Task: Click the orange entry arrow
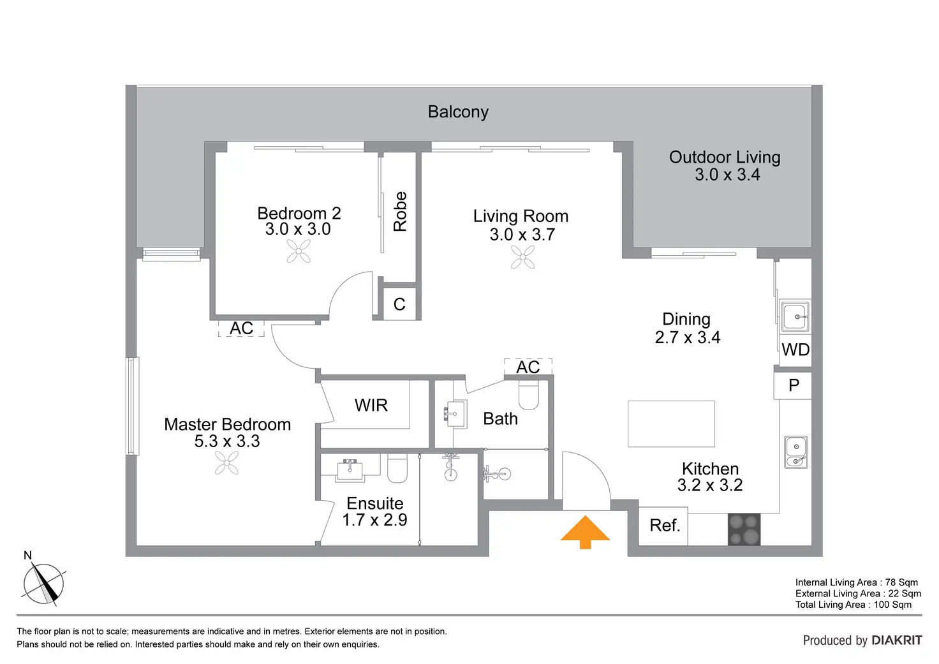(x=586, y=532)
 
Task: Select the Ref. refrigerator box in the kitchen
(x=663, y=526)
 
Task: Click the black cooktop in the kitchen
(x=744, y=529)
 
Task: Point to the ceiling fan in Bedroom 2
(x=299, y=251)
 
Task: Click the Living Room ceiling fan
(x=523, y=256)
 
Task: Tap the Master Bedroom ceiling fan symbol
(x=227, y=462)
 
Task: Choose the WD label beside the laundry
(x=795, y=350)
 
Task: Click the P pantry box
(x=794, y=385)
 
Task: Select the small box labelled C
(x=399, y=304)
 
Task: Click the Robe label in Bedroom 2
(x=400, y=211)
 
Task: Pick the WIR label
(x=371, y=405)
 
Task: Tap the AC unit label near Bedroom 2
(x=241, y=328)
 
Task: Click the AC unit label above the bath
(x=528, y=367)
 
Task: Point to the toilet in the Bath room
(x=529, y=395)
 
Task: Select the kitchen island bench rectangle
(x=671, y=424)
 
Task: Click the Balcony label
(x=458, y=112)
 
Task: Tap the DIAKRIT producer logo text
(x=896, y=640)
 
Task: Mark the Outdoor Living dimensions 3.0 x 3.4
(x=727, y=175)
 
